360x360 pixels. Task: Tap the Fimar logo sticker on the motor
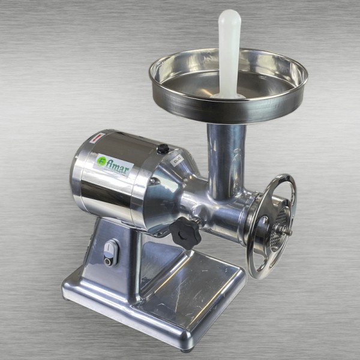(115, 163)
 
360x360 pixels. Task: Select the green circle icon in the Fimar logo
(102, 161)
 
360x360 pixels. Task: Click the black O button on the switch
(108, 260)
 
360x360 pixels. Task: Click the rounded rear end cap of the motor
(81, 174)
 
